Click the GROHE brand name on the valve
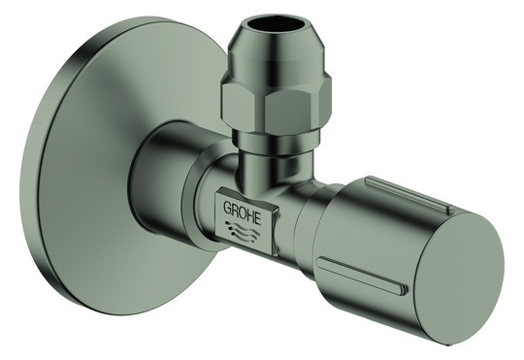click(242, 212)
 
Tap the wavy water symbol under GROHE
click(243, 231)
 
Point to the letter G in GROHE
click(228, 208)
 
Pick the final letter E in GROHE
click(258, 218)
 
